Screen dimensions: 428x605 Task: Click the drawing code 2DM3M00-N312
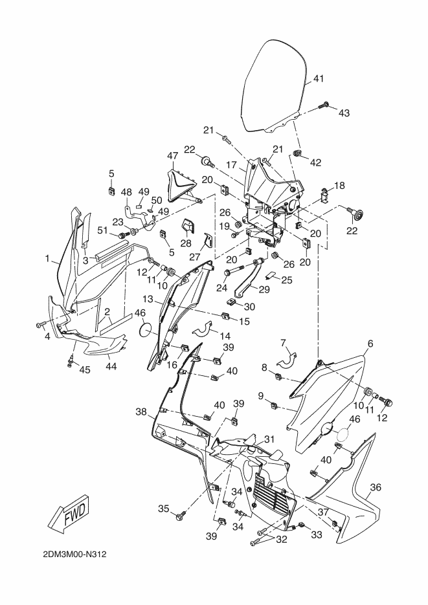tap(75, 555)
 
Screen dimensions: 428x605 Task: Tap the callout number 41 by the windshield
tap(319, 79)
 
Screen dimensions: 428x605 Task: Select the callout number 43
tap(344, 113)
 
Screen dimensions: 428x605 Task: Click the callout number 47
tap(172, 156)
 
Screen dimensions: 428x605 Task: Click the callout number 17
tap(231, 165)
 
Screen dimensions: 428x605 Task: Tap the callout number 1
tap(47, 259)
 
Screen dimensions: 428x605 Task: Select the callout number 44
tap(111, 366)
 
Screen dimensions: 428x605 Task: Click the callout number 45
tap(85, 369)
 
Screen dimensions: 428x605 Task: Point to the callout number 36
tap(376, 487)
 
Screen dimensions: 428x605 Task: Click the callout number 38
tap(141, 412)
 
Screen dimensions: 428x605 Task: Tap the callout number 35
tap(164, 509)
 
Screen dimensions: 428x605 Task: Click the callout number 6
tap(370, 343)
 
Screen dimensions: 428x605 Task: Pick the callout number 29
tap(264, 289)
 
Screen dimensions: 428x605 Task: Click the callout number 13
tap(148, 299)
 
